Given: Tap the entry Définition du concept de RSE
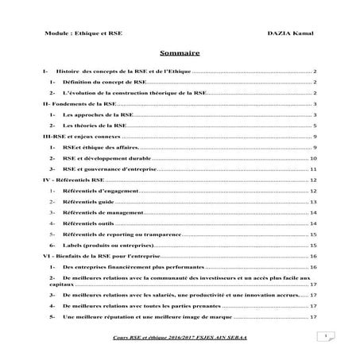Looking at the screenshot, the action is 103,82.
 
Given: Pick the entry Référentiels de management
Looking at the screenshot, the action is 103,213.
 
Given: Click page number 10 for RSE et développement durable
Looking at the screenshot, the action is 315,158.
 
